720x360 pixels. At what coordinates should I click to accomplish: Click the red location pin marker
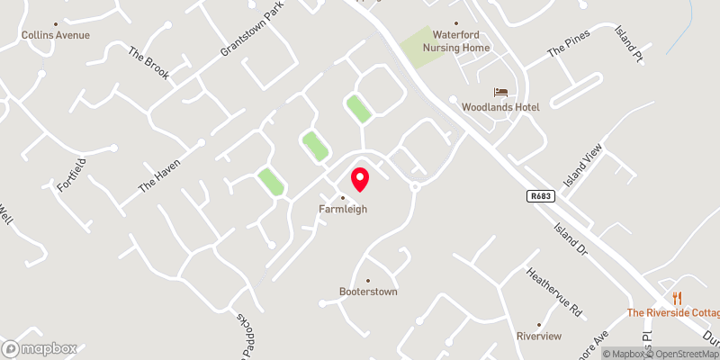click(360, 179)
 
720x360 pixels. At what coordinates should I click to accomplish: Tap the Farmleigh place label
click(343, 210)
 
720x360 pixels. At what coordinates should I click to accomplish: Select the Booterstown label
click(367, 292)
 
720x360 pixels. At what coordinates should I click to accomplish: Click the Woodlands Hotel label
click(500, 107)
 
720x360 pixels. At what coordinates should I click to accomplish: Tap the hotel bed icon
click(500, 93)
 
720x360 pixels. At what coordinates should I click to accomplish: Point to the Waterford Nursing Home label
click(455, 41)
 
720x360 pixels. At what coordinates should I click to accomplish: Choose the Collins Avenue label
click(56, 35)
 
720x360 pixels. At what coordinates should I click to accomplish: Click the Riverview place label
click(539, 336)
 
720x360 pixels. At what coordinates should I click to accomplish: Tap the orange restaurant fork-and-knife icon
click(678, 298)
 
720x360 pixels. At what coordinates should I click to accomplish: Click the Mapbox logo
click(40, 348)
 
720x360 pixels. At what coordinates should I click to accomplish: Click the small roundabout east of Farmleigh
click(415, 187)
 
